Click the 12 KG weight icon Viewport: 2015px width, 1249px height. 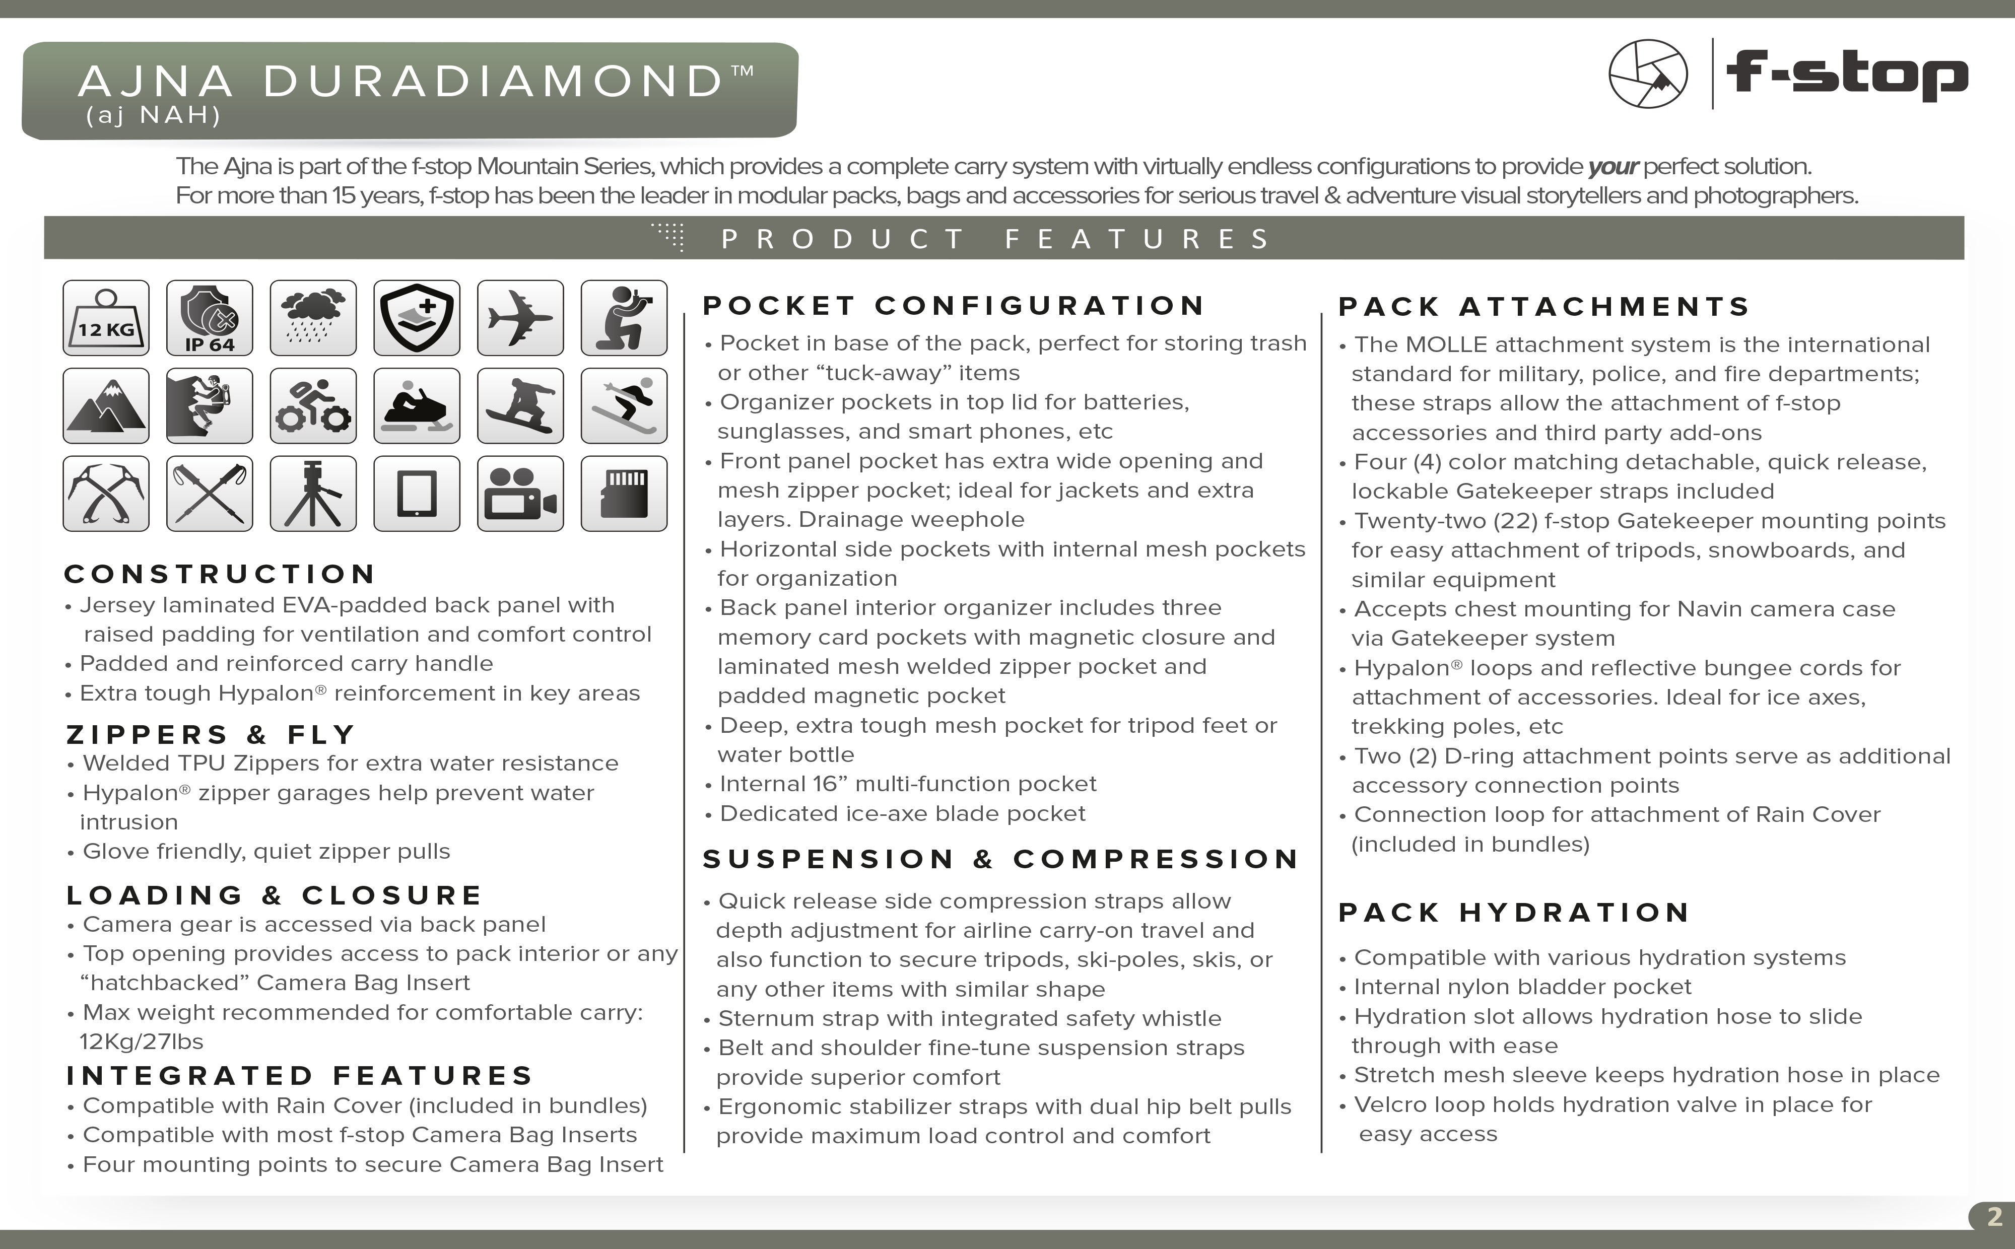tap(106, 318)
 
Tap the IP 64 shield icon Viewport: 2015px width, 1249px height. tap(209, 318)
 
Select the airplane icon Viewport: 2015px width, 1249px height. tap(520, 318)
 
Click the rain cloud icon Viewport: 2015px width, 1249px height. tap(313, 318)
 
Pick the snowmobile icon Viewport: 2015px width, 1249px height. tap(417, 405)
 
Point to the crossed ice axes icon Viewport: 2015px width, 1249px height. tap(106, 493)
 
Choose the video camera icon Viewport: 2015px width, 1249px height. tap(520, 493)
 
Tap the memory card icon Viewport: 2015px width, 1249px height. tap(624, 493)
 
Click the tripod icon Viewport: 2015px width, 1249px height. tap(313, 493)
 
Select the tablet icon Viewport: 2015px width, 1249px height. tap(417, 493)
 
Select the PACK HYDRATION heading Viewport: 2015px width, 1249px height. tap(1514, 913)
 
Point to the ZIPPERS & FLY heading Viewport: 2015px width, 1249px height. tap(211, 734)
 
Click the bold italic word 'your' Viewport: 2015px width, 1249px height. tap(1612, 167)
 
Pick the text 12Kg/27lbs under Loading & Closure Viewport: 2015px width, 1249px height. tap(141, 1042)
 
